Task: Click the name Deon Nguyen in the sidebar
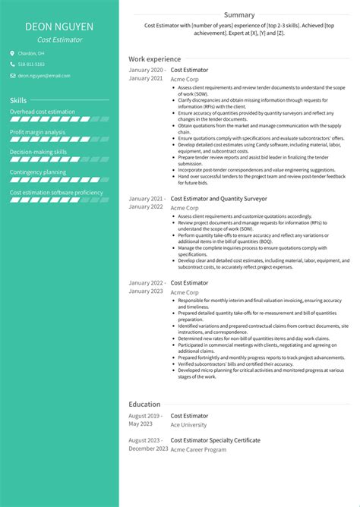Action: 59,27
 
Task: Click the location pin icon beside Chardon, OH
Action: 12,54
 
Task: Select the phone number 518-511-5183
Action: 31,65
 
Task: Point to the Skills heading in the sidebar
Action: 18,100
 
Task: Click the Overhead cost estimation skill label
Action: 43,112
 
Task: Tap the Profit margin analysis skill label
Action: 39,131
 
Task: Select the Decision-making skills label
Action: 39,152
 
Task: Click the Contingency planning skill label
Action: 37,172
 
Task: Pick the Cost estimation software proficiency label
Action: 56,193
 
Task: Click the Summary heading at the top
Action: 239,14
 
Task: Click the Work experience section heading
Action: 154,58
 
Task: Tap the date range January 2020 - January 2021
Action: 147,74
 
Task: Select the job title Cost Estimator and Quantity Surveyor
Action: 219,198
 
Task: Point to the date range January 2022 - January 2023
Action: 147,287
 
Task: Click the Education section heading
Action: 144,405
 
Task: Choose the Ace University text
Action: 189,425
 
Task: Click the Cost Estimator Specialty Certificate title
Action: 216,440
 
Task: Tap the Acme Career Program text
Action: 199,449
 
